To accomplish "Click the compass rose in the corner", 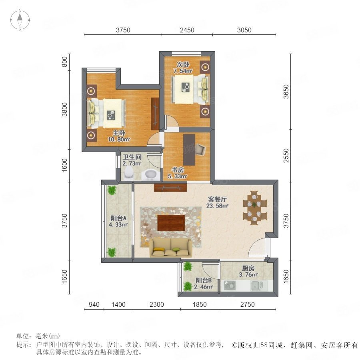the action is tap(20, 20).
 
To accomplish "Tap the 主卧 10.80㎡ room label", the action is tap(119, 136).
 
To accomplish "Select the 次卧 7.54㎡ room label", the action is tap(183, 68).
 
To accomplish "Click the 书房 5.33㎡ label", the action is tap(177, 173).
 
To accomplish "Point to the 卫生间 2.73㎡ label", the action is tap(132, 160).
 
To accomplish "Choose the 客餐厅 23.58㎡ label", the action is tap(217, 202).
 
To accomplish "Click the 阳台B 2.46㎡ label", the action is tap(203, 284).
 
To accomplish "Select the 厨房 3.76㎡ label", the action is tap(248, 271).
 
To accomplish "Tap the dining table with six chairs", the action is tap(255, 208).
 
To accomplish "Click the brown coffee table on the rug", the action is tap(171, 222).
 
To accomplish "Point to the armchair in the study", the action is tap(201, 150).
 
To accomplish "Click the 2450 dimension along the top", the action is tap(187, 30).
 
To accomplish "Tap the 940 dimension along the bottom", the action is tap(94, 304).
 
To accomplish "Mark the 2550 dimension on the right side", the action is tap(286, 156).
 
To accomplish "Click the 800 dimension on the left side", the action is tap(65, 62).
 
